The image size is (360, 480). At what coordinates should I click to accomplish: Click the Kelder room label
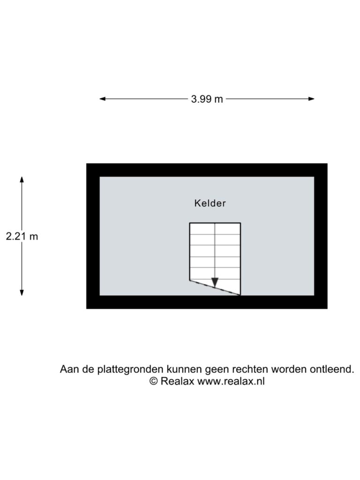coord(210,203)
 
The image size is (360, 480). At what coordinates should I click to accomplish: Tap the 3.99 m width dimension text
coord(207,99)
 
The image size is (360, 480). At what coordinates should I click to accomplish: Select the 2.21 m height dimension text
coord(22,236)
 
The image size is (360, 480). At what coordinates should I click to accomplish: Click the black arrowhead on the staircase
coord(215,282)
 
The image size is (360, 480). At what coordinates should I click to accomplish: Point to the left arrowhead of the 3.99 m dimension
coord(103,99)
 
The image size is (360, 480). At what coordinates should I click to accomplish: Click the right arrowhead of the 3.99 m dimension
coord(311,99)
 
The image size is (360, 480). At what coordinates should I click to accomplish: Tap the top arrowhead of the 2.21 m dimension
coord(22,180)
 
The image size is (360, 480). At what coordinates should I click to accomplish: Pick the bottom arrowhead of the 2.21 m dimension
coord(22,292)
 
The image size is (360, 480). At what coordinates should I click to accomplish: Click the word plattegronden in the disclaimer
coord(130,369)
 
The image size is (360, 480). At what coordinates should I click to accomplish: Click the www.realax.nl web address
coord(231,382)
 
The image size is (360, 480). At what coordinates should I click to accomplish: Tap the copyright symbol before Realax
coord(154,382)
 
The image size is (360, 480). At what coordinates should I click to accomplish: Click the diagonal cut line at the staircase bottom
coord(215,287)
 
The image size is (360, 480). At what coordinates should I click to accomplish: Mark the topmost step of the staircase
coord(215,229)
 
